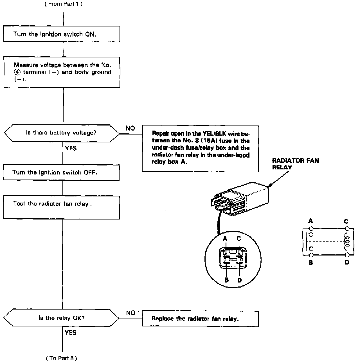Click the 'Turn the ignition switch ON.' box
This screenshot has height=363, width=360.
coord(61,34)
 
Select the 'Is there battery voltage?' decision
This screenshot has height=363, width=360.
coord(61,133)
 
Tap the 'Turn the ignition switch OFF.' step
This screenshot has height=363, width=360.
coord(61,172)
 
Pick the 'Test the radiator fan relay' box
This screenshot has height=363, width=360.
coord(61,207)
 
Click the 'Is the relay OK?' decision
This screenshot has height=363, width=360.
coord(61,318)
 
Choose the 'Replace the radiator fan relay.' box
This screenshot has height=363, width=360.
coord(200,319)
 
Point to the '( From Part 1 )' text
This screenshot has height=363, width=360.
coord(64,4)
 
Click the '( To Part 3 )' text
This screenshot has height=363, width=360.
coord(61,358)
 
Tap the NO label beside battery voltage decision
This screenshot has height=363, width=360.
coord(130,128)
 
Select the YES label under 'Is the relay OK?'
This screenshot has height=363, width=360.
coord(70,333)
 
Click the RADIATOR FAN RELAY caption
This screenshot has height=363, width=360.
coord(295,164)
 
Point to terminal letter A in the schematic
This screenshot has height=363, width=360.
coord(310,221)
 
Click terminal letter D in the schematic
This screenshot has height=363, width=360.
coord(347,263)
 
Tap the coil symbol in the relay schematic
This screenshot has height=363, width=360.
coord(346,241)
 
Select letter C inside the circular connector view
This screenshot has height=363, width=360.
coord(239,239)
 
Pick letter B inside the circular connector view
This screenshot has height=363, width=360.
coord(227,280)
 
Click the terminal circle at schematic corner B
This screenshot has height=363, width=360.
coord(311,255)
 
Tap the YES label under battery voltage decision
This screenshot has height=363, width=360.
coord(71,148)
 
